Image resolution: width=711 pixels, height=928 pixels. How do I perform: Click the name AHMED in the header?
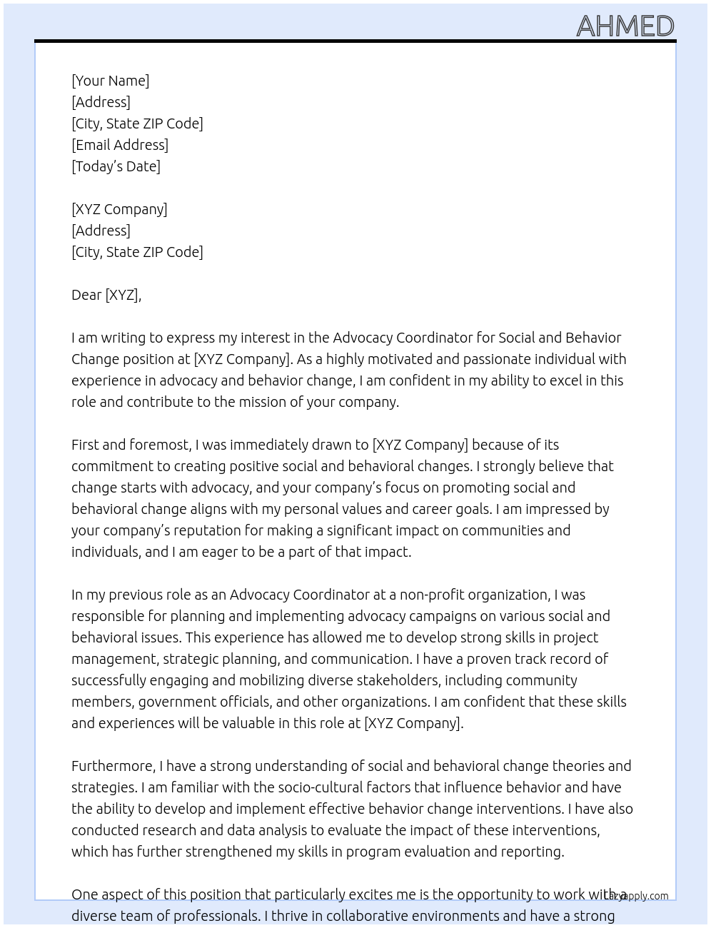(x=625, y=26)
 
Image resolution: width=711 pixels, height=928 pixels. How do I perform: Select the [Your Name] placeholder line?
(x=110, y=81)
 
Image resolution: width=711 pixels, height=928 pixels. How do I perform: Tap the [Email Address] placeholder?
(x=120, y=145)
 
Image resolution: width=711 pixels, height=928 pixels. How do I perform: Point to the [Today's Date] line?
(x=116, y=166)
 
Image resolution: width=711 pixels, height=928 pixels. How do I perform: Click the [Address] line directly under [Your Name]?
(x=101, y=102)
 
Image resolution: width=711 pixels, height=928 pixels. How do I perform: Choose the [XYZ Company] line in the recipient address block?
(x=119, y=209)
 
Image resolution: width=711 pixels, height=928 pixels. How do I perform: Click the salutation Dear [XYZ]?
(x=106, y=295)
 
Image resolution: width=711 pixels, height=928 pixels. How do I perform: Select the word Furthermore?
(x=113, y=766)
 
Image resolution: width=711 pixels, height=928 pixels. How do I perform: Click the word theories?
(x=577, y=766)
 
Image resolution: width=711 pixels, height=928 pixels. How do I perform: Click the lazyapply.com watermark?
(x=637, y=896)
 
